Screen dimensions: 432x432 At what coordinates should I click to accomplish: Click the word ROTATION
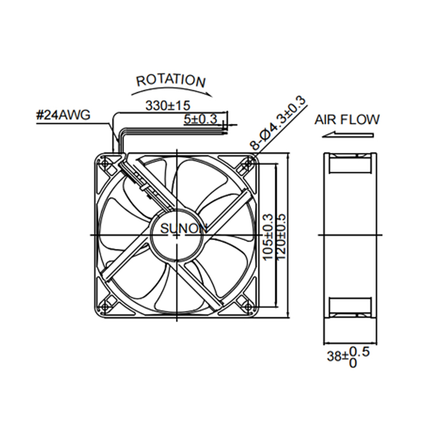tap(171, 80)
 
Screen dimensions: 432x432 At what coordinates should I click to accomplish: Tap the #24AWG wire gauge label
tap(63, 115)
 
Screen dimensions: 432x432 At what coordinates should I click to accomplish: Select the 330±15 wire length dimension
tap(168, 105)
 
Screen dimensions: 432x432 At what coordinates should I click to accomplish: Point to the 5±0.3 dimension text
tap(200, 119)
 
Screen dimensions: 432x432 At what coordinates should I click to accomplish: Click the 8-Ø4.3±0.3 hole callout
tap(278, 123)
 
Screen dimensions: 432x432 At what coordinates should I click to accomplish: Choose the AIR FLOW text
tap(347, 120)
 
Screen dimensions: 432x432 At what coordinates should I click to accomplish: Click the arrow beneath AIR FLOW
tap(348, 135)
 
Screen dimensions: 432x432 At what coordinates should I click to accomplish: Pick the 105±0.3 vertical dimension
tap(268, 237)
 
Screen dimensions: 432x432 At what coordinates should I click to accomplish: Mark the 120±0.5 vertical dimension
tap(281, 237)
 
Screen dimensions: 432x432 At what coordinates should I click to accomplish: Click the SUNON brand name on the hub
tap(184, 229)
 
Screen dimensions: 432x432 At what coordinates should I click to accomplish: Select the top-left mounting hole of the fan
tap(105, 164)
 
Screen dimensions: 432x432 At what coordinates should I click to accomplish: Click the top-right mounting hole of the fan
tap(248, 164)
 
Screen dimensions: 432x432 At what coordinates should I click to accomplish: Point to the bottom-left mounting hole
tap(105, 306)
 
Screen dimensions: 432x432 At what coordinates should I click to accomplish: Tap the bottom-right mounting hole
tap(248, 306)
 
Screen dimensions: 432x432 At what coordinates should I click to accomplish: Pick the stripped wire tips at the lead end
tap(225, 131)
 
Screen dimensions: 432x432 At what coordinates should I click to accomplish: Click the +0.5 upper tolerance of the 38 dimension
tap(359, 352)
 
